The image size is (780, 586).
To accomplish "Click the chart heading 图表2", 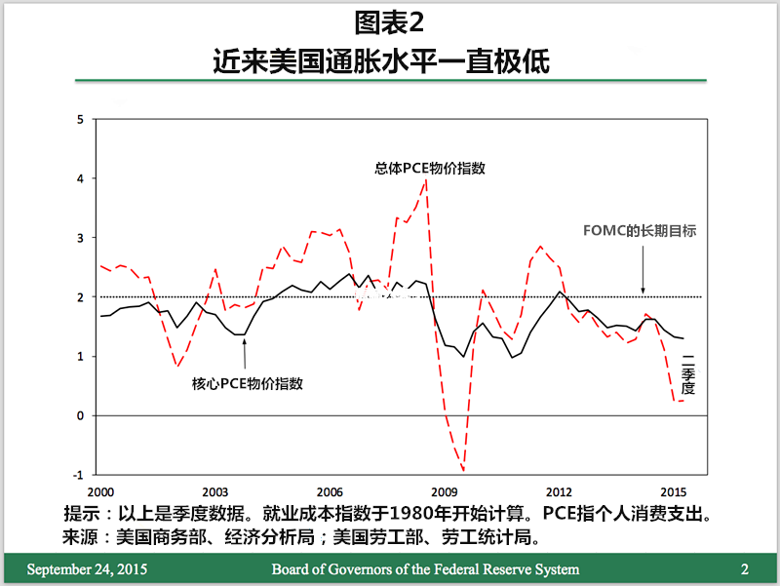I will click(x=390, y=21).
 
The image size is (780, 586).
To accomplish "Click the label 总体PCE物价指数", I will click(x=430, y=168).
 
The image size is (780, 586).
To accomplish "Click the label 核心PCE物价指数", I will click(x=248, y=383).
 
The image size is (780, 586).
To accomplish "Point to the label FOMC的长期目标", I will click(x=639, y=231).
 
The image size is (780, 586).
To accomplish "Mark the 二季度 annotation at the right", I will click(x=687, y=373).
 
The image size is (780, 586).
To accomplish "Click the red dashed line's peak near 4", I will click(x=426, y=179).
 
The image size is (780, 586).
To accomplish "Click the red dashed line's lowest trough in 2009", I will click(x=463, y=472).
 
